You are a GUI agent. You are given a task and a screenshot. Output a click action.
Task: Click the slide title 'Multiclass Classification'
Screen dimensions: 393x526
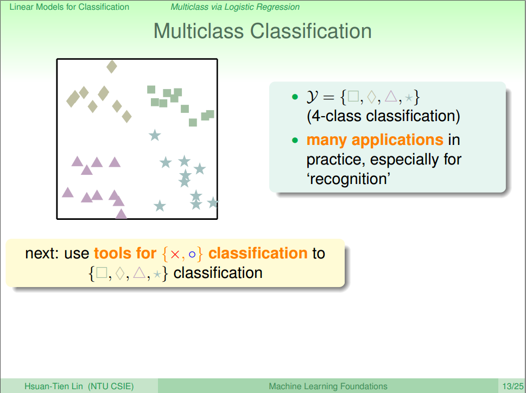click(263, 31)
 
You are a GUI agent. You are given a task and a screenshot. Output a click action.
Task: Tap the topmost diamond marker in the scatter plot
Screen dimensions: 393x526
click(112, 67)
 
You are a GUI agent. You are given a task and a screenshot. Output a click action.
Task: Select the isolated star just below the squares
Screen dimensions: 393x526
click(155, 135)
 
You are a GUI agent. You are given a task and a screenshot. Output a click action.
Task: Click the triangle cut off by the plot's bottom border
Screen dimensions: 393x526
click(121, 213)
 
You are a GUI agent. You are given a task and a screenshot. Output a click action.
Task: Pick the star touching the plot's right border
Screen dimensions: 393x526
click(213, 202)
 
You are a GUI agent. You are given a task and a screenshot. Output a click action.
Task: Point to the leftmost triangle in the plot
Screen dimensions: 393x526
click(68, 192)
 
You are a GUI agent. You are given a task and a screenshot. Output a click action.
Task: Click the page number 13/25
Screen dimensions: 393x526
click(512, 386)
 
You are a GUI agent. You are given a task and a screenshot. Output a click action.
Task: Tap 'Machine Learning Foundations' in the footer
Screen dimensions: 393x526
click(328, 386)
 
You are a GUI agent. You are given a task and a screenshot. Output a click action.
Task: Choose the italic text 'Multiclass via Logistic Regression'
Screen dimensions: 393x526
click(235, 7)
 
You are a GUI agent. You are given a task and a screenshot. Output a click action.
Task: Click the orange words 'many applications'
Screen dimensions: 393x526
click(375, 140)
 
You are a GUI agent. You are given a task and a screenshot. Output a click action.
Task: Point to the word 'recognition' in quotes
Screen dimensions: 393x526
click(349, 179)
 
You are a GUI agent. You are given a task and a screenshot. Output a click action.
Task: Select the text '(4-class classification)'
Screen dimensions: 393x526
click(383, 116)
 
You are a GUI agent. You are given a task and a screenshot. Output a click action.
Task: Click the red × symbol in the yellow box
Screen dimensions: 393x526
click(175, 254)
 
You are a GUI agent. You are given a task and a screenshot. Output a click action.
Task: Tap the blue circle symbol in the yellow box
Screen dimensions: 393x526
click(192, 254)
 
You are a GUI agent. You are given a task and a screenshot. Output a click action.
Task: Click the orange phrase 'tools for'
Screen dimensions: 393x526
click(125, 253)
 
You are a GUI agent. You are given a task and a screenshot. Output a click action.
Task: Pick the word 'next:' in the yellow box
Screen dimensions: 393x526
click(43, 253)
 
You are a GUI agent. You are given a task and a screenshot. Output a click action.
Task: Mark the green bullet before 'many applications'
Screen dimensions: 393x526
click(295, 140)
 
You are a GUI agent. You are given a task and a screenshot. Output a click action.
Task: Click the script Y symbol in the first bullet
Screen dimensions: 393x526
click(312, 97)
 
